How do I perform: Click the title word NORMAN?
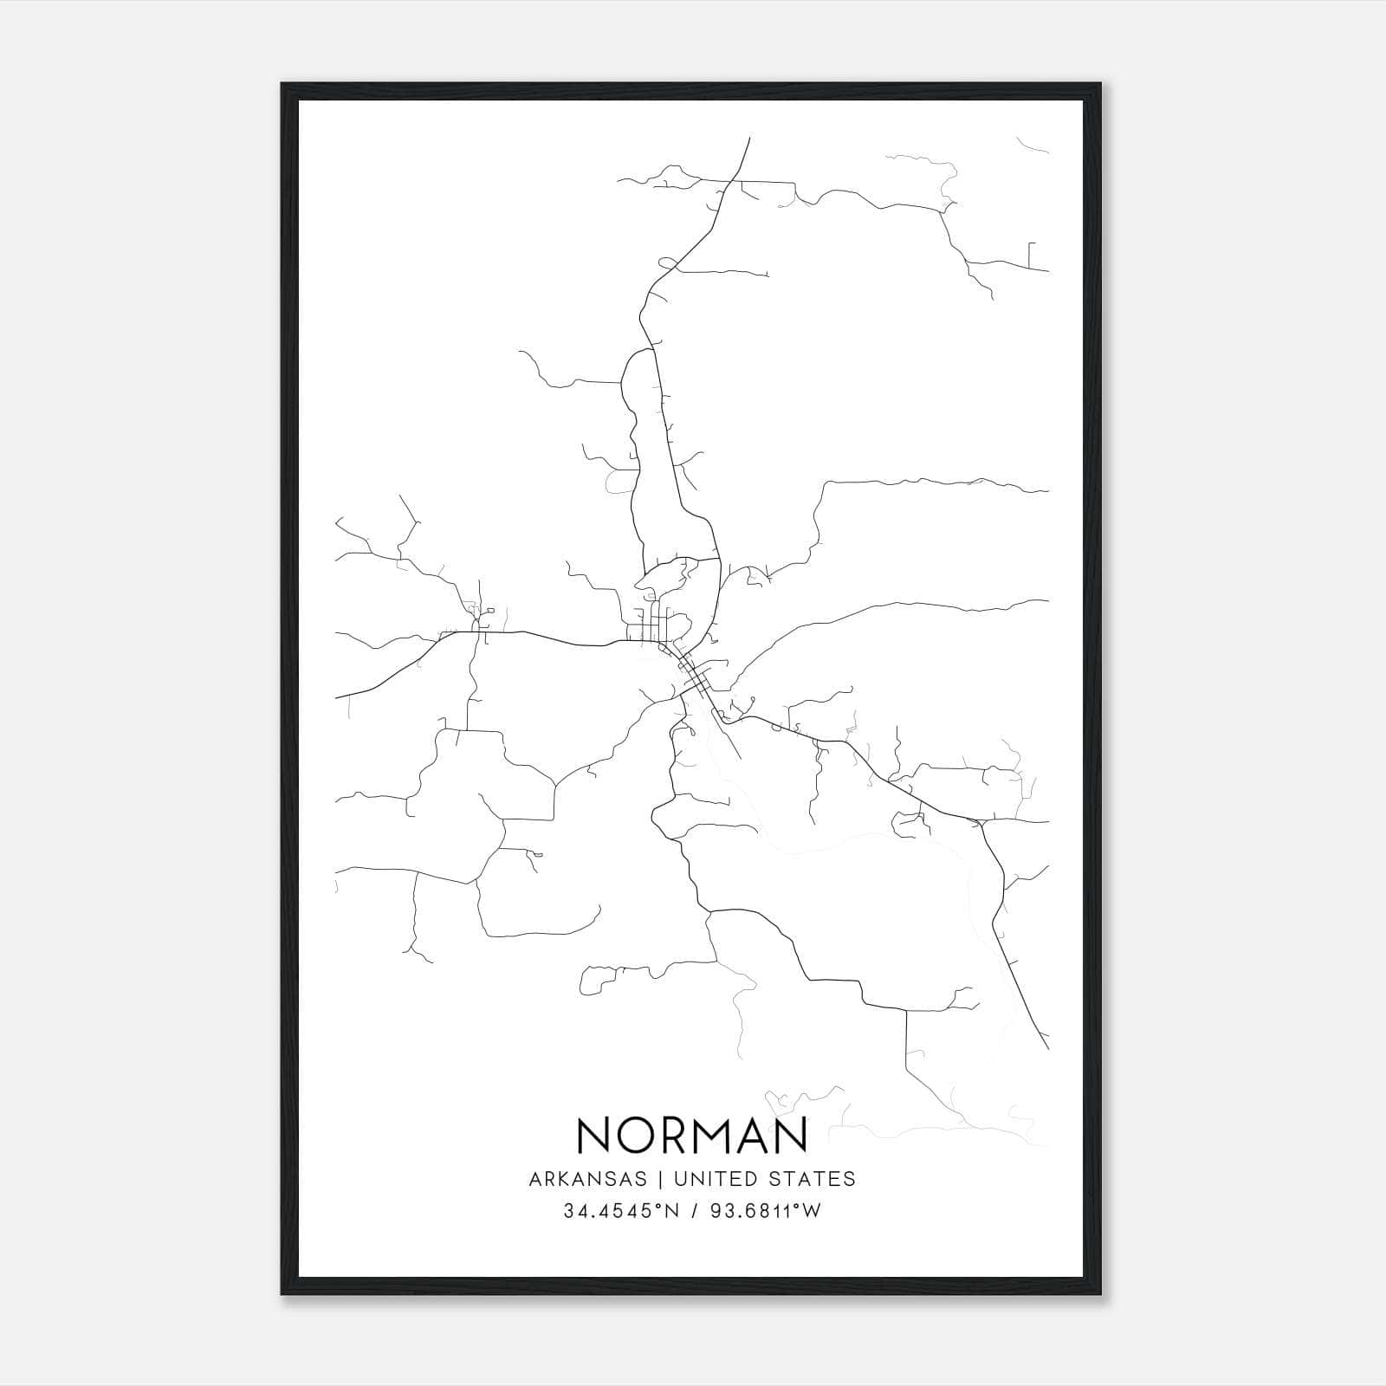[691, 1135]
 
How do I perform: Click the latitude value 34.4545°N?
[620, 1212]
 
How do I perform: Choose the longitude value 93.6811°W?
[765, 1212]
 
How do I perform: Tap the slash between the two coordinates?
[695, 1212]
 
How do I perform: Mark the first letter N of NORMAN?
[593, 1135]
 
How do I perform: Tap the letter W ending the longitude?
[812, 1212]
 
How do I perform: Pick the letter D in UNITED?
[751, 1179]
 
